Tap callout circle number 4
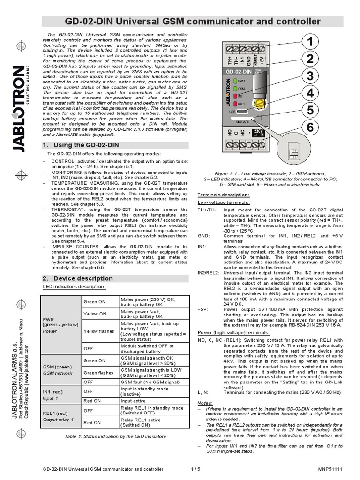[309, 93]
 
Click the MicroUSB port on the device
[242, 112]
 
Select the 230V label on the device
[257, 131]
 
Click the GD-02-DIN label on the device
[244, 71]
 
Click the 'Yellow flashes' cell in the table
[98, 331]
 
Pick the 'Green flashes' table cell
[98, 373]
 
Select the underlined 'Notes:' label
[205, 403]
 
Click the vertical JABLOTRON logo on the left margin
[19, 108]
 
